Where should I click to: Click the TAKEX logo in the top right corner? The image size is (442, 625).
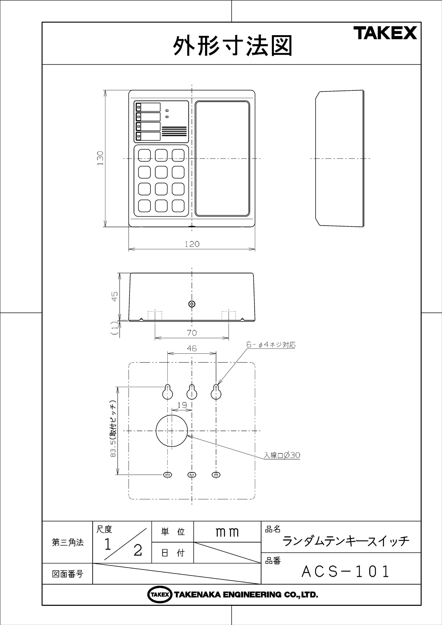387,33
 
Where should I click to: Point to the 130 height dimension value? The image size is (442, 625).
100,158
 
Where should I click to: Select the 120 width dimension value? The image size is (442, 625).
192,244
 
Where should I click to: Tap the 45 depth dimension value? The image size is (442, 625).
115,296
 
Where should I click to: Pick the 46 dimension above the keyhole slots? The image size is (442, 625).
192,348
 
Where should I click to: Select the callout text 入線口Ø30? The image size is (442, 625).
282,455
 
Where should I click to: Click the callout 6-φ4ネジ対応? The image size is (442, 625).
271,345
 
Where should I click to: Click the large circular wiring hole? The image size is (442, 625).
172,431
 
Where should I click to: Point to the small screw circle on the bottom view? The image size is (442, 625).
192,304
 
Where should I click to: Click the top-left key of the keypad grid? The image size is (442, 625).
144,155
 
